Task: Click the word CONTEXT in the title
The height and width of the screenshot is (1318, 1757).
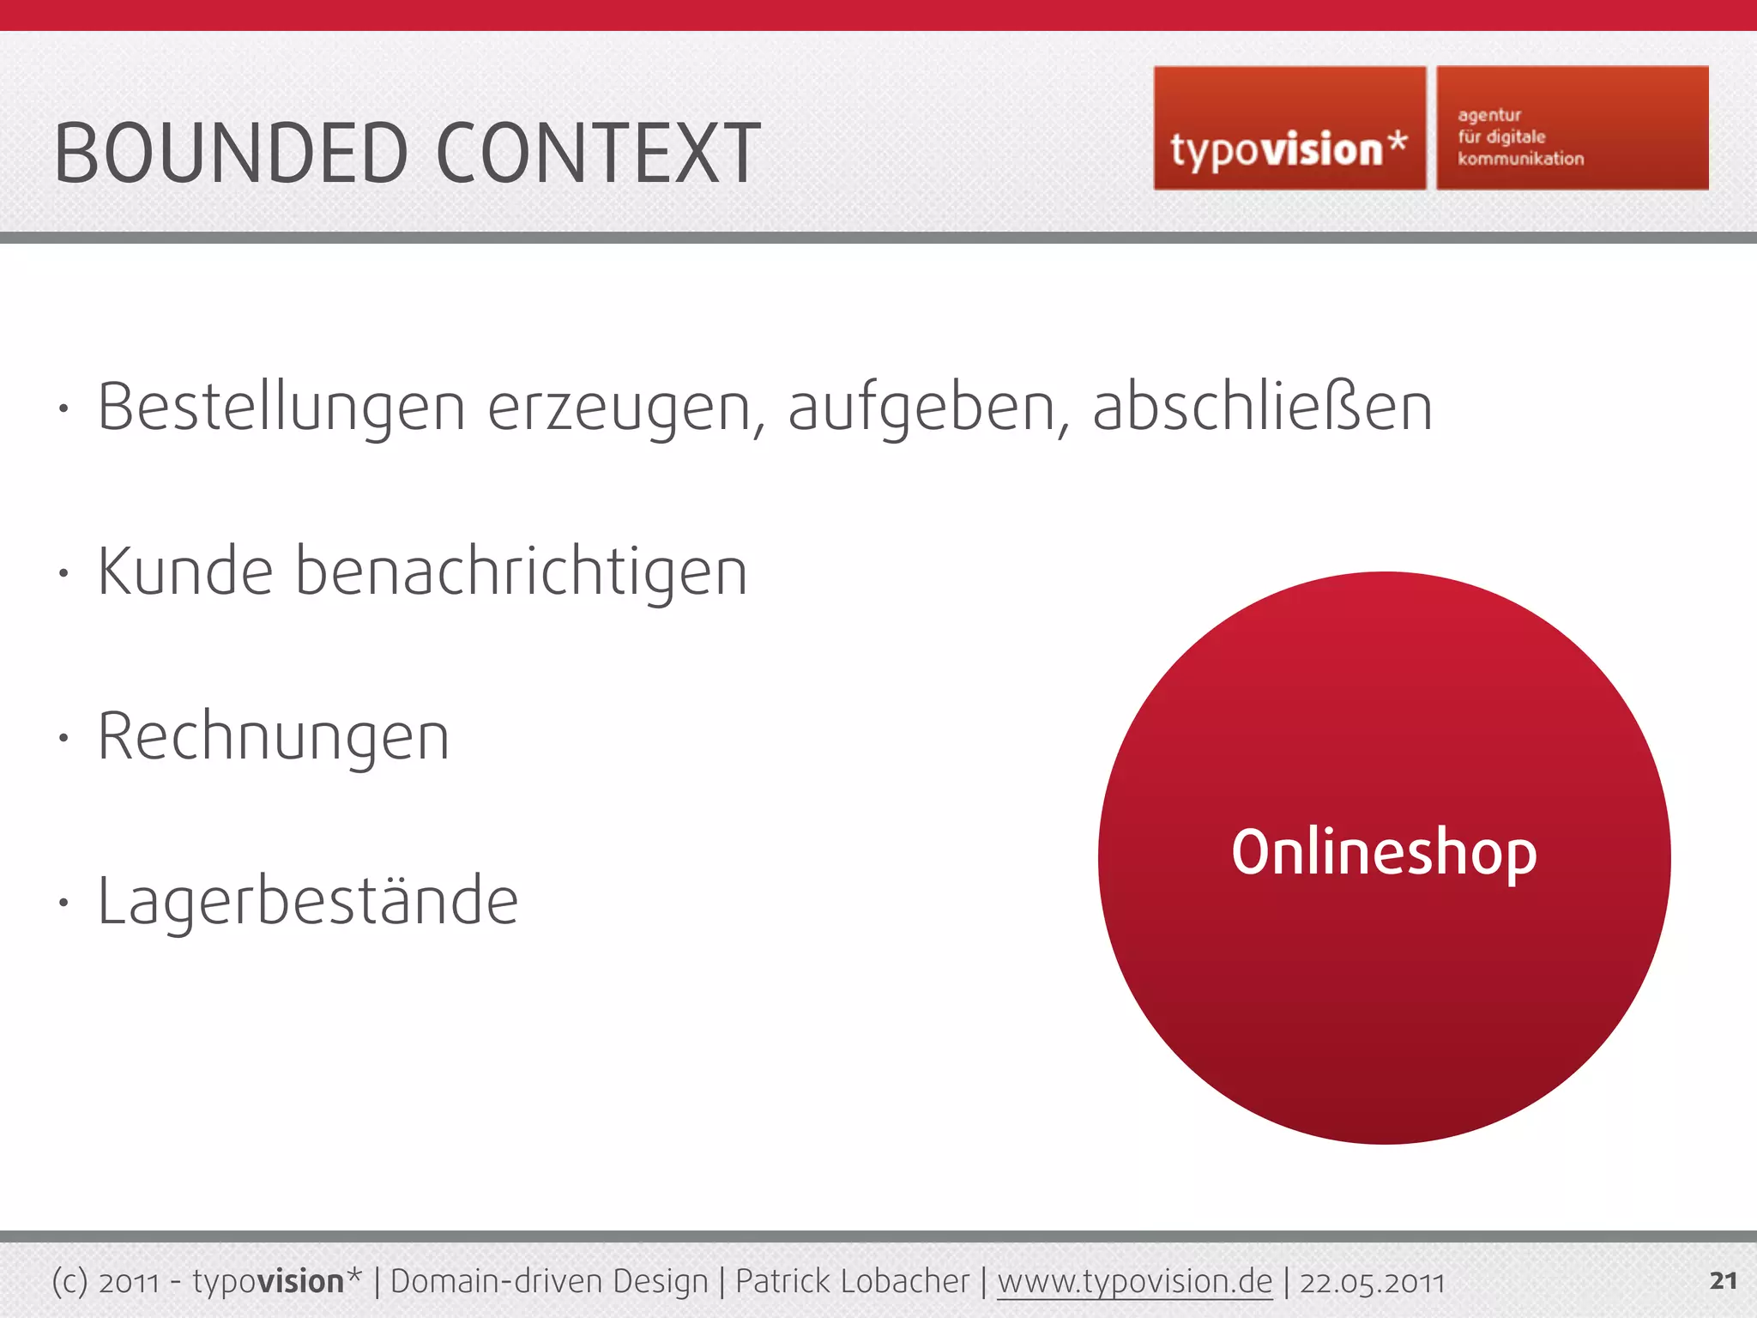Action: click(x=598, y=154)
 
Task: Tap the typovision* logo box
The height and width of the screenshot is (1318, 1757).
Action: click(x=1289, y=129)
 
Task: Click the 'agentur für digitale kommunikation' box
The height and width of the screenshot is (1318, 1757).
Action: click(x=1572, y=129)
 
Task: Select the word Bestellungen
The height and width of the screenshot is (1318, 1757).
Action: click(x=281, y=408)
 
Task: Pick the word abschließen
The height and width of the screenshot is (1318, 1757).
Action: click(x=1262, y=408)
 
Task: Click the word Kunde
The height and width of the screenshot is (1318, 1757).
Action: click(x=185, y=571)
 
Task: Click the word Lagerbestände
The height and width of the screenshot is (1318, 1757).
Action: click(x=308, y=902)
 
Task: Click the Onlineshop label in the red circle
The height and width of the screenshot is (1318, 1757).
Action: click(x=1384, y=854)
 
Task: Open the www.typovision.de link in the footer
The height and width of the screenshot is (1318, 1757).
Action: click(x=1134, y=1282)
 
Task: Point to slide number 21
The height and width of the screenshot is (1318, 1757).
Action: click(x=1723, y=1281)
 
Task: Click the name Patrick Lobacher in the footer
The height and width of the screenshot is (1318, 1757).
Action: click(x=852, y=1282)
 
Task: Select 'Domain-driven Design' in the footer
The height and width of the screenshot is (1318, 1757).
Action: click(x=549, y=1282)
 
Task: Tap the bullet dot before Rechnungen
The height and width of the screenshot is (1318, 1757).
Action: click(x=63, y=737)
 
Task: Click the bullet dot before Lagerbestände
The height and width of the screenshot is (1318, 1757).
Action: click(x=63, y=902)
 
